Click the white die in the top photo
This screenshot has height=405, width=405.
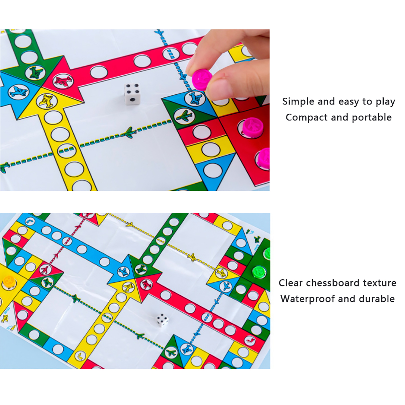click(x=132, y=94)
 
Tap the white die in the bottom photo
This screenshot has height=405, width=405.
click(x=162, y=320)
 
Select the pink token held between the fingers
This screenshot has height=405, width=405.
click(x=202, y=79)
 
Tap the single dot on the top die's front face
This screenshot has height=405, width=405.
click(x=132, y=100)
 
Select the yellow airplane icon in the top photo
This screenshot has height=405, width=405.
click(x=47, y=101)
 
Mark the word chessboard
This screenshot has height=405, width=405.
click(x=332, y=283)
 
